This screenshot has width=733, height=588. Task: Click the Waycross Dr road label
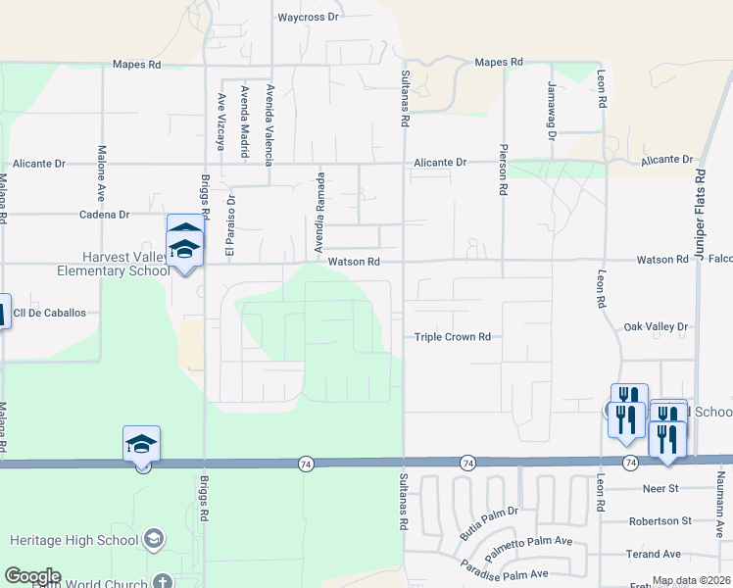coord(308,18)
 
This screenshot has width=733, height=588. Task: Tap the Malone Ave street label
coord(101,171)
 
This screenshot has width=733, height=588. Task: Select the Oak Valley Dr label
coord(657,326)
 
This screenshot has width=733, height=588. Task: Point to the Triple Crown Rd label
coord(452,337)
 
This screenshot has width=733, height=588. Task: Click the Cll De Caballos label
coord(51,313)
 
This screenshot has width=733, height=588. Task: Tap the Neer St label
coord(660,488)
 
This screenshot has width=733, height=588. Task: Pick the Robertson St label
coord(660,521)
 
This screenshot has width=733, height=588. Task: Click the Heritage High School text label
coord(73,539)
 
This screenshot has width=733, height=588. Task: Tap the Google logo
coord(32,576)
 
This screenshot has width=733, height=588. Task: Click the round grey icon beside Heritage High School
coord(154,539)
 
